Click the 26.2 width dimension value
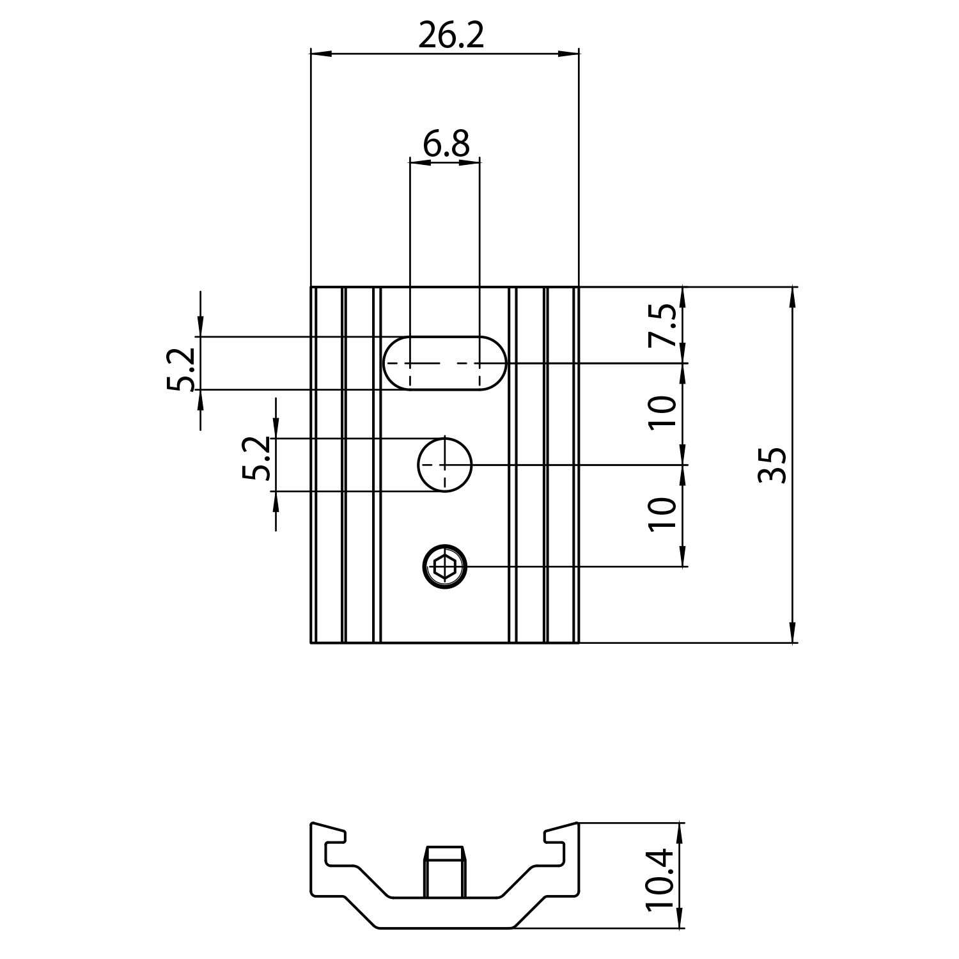tap(451, 36)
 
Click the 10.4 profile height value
tap(660, 878)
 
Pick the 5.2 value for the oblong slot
tap(181, 370)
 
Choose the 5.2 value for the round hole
tap(257, 458)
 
